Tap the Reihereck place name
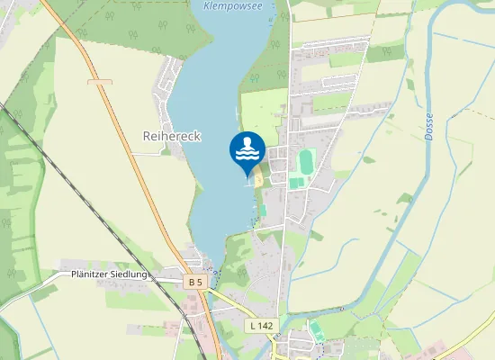pyautogui.click(x=172, y=135)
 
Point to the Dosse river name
pyautogui.click(x=429, y=126)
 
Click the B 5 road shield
pyautogui.click(x=195, y=282)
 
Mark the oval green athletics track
pyautogui.click(x=306, y=161)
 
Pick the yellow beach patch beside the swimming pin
pyautogui.click(x=258, y=180)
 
